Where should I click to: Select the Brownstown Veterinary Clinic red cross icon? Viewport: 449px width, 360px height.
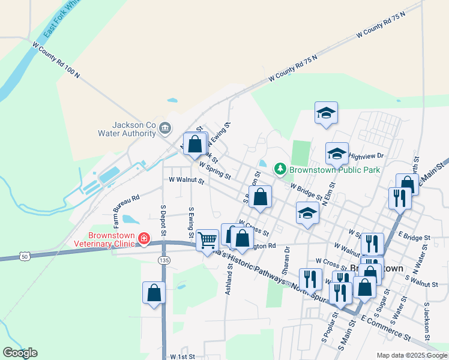(143, 239)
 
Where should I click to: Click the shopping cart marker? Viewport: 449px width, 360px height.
(207, 239)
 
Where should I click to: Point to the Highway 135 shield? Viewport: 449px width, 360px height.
(164, 260)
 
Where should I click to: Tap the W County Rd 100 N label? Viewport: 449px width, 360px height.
(56, 61)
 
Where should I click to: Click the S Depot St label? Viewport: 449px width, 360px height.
(162, 218)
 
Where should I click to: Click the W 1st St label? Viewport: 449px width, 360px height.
(183, 356)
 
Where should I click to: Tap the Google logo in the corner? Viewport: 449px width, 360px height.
(20, 353)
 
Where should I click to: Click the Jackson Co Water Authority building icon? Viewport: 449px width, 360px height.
(165, 127)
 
